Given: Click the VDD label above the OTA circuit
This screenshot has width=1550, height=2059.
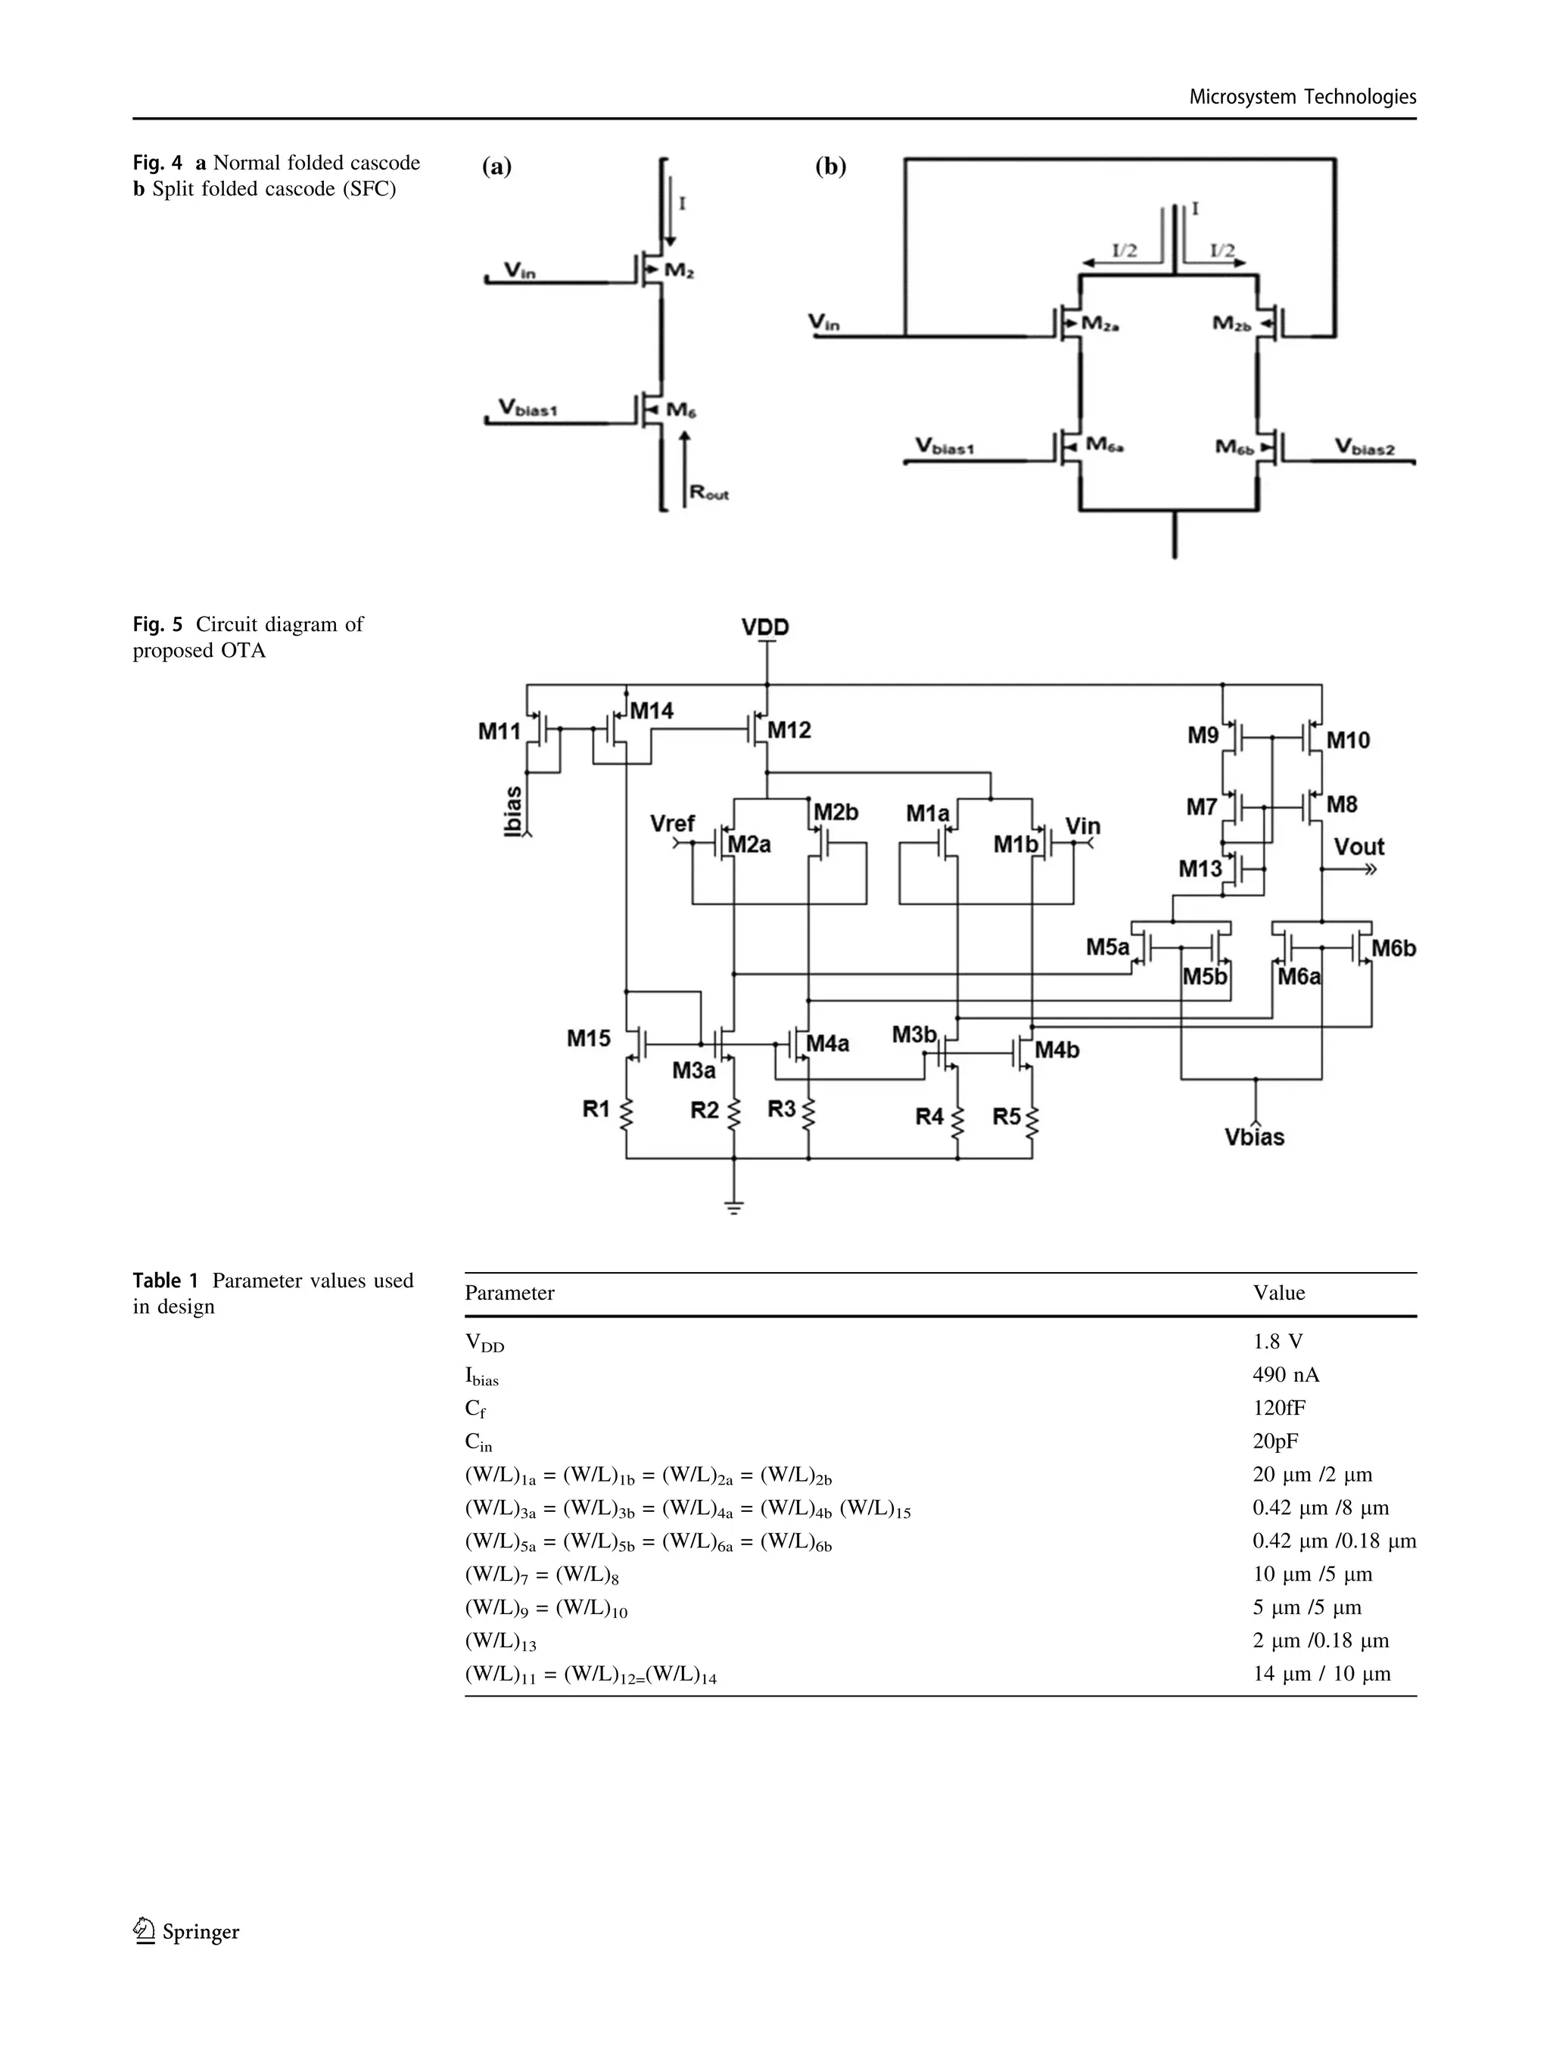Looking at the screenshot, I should tap(764, 627).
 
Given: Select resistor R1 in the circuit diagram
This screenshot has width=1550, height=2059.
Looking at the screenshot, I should tap(626, 1112).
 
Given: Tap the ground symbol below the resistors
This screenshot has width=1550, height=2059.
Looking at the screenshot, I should tap(733, 1208).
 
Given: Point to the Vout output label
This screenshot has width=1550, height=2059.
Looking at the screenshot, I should tap(1359, 846).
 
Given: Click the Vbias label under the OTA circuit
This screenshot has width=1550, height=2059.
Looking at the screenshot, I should tap(1254, 1137).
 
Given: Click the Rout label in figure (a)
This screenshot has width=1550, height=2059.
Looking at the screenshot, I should tap(708, 493).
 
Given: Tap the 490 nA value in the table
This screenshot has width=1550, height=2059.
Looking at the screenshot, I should tap(1286, 1375).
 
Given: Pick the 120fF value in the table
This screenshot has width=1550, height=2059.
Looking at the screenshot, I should tap(1279, 1407).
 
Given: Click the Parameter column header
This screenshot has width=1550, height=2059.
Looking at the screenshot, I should tap(509, 1293).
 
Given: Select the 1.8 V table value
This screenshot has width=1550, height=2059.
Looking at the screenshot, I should tap(1278, 1342).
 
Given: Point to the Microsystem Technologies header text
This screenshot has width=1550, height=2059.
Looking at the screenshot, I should tap(1303, 97).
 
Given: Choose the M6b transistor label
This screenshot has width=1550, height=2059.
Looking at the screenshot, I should tap(1393, 947).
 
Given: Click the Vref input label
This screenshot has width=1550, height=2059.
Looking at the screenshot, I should tap(672, 824).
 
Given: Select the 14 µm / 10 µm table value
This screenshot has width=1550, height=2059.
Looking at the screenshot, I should tap(1321, 1674).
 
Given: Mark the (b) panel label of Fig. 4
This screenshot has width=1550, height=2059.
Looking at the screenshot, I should tap(830, 166).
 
